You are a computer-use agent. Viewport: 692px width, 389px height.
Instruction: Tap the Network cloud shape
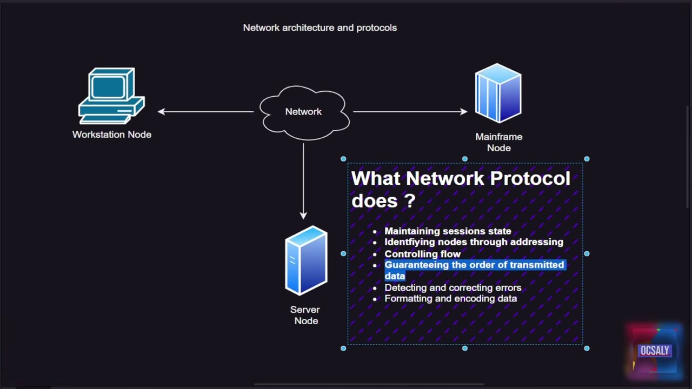pyautogui.click(x=303, y=112)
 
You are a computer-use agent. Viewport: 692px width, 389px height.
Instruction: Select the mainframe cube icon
pyautogui.click(x=498, y=93)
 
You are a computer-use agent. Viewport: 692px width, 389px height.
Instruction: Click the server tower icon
pyautogui.click(x=306, y=260)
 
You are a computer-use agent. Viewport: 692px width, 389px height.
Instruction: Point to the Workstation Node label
pyautogui.click(x=112, y=135)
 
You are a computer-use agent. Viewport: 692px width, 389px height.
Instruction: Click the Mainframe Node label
pyautogui.click(x=498, y=142)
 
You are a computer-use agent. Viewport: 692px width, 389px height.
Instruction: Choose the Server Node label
pyautogui.click(x=305, y=315)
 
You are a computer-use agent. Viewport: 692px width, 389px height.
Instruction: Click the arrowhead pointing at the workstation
pyautogui.click(x=161, y=112)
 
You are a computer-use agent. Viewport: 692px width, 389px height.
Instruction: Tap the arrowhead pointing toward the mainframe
pyautogui.click(x=464, y=112)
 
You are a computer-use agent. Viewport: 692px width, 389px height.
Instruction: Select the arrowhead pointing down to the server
pyautogui.click(x=303, y=215)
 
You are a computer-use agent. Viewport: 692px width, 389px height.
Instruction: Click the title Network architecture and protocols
pyautogui.click(x=320, y=28)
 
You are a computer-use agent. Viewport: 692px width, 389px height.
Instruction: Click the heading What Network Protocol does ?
pyautogui.click(x=460, y=189)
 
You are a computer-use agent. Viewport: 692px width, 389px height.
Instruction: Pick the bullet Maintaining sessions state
pyautogui.click(x=448, y=231)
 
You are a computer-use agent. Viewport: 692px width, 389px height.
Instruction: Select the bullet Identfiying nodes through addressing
pyautogui.click(x=474, y=242)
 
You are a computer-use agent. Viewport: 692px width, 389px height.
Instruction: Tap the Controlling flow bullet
pyautogui.click(x=422, y=254)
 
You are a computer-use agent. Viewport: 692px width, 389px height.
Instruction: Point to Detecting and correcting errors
pyautogui.click(x=453, y=287)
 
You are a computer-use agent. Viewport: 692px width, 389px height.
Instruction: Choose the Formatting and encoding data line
pyautogui.click(x=450, y=298)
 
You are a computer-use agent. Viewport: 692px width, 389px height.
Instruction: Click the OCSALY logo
pyautogui.click(x=655, y=351)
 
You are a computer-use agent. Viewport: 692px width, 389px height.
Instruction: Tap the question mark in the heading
pyautogui.click(x=409, y=200)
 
